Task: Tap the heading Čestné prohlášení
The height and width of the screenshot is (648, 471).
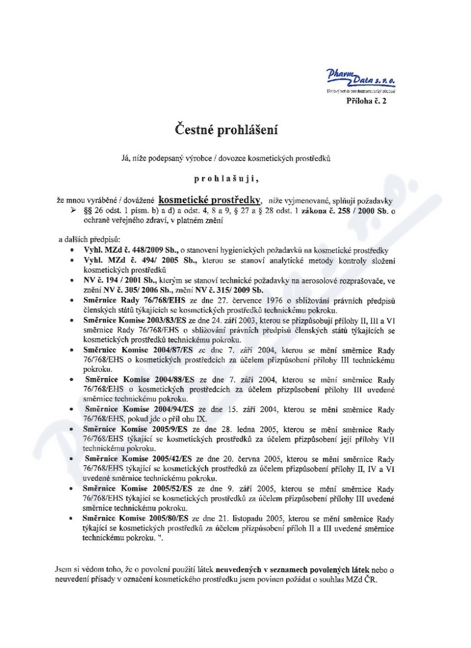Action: point(225,128)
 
